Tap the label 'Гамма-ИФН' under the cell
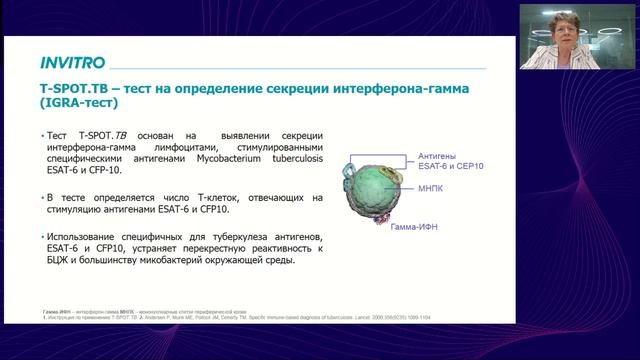pyautogui.click(x=414, y=227)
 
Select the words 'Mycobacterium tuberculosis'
pyautogui.click(x=216, y=170)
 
